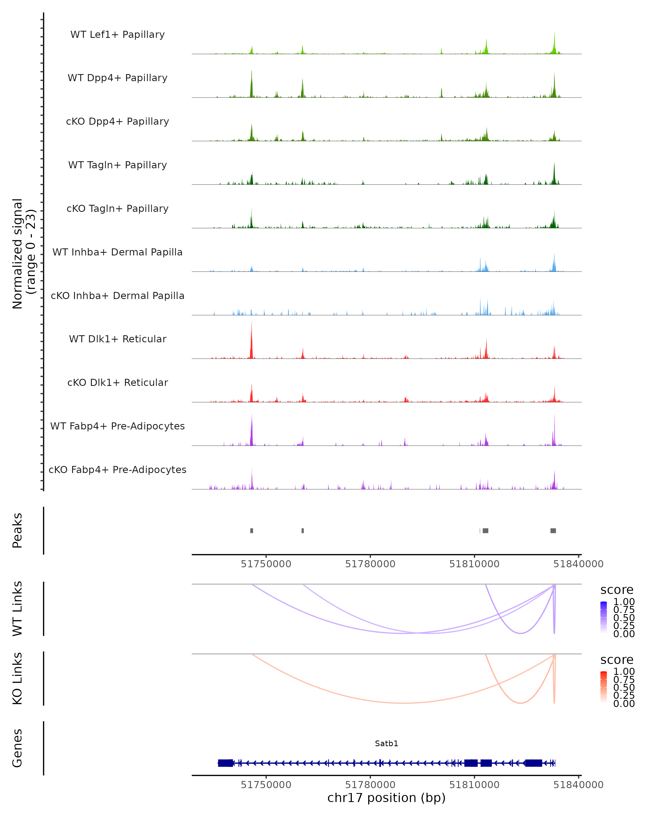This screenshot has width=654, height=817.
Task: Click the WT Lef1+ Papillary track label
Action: click(117, 35)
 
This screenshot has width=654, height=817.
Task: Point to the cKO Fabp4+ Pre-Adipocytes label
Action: click(117, 470)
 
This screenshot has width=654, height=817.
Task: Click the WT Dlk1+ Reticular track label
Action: click(117, 339)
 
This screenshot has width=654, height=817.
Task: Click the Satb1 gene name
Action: click(386, 743)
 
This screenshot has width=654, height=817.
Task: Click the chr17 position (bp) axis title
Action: click(386, 798)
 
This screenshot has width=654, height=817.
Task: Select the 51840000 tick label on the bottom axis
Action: click(578, 785)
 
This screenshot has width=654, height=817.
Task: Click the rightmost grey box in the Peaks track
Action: click(553, 531)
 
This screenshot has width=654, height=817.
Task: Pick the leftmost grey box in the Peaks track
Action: click(252, 531)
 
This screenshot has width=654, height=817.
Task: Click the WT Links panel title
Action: click(17, 609)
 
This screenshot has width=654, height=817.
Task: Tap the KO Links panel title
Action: click(17, 678)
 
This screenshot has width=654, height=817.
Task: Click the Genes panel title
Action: click(17, 748)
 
